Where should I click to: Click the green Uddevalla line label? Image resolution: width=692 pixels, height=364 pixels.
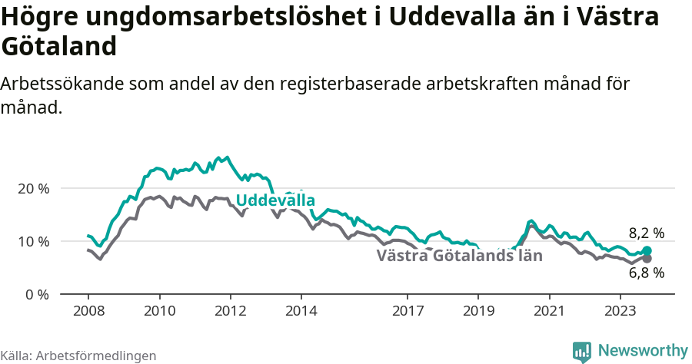tap(275, 200)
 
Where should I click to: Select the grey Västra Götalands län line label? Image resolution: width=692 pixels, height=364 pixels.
tap(459, 256)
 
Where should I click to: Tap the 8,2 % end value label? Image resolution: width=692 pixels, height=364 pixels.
tap(646, 233)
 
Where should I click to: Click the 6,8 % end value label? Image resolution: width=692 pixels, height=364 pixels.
tap(646, 273)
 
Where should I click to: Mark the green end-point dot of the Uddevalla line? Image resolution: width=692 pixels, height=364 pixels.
tap(647, 251)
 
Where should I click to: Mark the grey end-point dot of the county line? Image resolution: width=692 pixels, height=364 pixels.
tap(647, 259)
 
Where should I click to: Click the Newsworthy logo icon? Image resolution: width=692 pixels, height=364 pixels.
tap(582, 352)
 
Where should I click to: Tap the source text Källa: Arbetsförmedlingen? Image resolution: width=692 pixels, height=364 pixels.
tap(78, 356)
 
